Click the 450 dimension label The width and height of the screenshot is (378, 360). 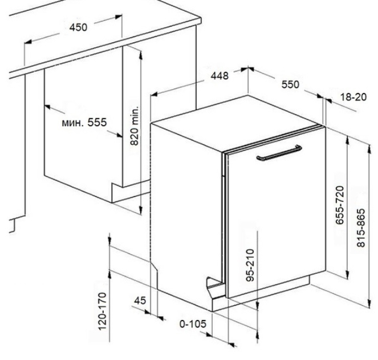[x=78, y=27]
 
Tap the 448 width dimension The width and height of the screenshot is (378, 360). [x=220, y=76]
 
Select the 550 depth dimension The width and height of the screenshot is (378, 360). [x=290, y=84]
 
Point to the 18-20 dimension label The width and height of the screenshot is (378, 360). [x=353, y=97]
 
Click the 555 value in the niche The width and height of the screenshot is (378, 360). [x=97, y=122]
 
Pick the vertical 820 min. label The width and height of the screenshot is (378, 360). [x=135, y=125]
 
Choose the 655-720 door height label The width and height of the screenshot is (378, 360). [x=339, y=205]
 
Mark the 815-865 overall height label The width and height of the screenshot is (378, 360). [x=361, y=228]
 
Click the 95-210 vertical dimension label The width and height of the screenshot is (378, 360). [x=250, y=265]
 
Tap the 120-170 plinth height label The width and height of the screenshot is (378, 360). [x=102, y=312]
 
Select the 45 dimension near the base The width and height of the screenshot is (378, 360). [x=140, y=301]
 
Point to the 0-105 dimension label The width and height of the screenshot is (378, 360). [x=193, y=324]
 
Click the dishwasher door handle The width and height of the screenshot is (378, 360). [x=279, y=153]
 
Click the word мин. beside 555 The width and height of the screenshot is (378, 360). [x=73, y=123]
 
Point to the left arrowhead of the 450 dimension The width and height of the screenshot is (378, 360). [x=28, y=42]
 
